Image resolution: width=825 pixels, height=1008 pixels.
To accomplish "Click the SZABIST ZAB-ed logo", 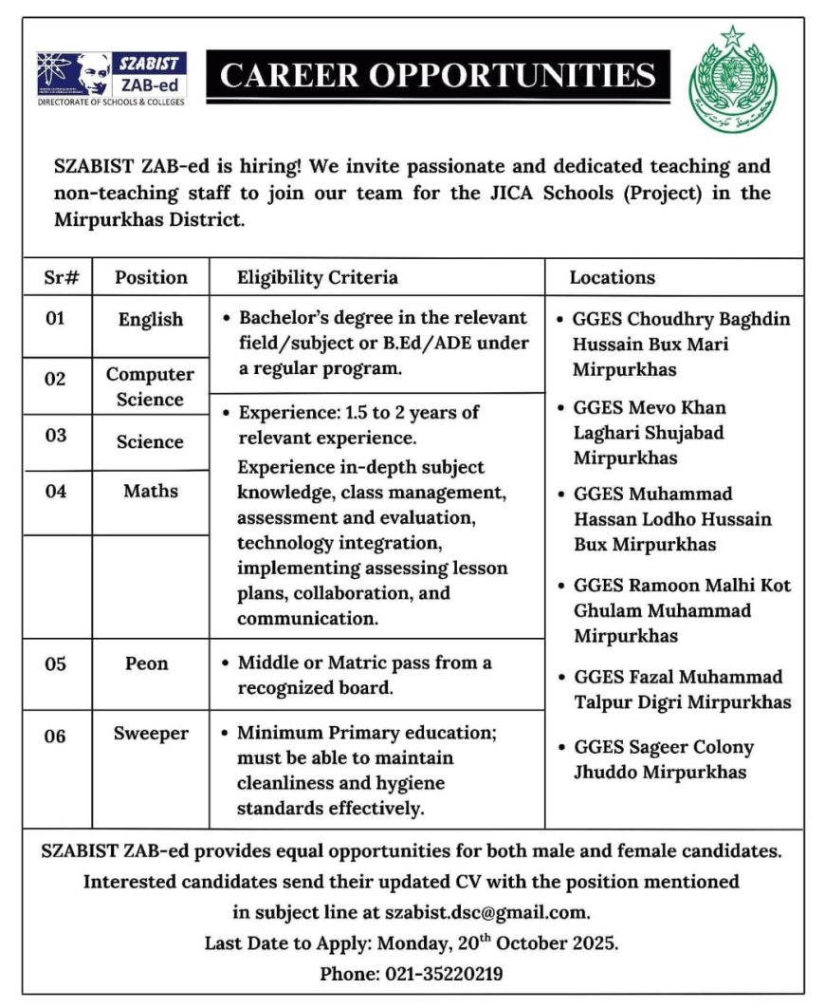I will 111,78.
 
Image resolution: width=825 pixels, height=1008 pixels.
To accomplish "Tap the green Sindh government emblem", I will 732,82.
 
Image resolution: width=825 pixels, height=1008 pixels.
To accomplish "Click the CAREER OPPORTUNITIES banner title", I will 438,75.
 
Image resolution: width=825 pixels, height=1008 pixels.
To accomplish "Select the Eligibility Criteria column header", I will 318,278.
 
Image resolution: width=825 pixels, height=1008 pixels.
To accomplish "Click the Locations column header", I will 612,278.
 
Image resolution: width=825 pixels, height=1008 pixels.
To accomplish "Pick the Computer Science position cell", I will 150,387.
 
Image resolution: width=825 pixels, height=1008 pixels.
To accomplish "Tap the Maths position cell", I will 150,491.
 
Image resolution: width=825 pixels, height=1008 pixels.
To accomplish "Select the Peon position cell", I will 146,663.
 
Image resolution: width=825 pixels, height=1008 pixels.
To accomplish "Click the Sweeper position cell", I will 151,734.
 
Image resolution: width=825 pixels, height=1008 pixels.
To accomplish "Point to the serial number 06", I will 56,736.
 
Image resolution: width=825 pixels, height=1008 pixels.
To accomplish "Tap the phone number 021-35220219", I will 444,974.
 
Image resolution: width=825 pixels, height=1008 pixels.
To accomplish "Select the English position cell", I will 150,320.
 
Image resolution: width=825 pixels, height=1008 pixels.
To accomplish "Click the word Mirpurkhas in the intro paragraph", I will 100,220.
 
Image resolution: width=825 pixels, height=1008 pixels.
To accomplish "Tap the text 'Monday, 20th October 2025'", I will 498,943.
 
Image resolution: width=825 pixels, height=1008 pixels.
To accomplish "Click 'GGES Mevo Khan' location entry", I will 650,408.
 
